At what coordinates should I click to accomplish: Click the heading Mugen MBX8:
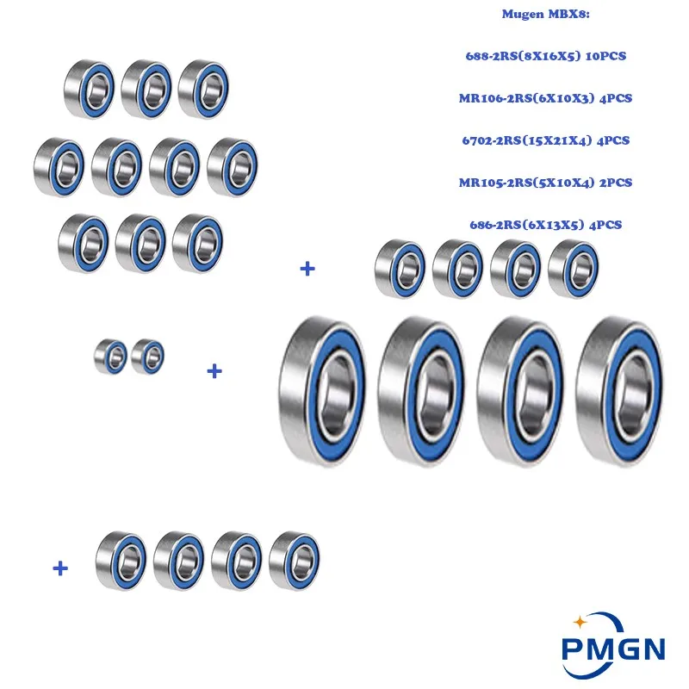click(544, 16)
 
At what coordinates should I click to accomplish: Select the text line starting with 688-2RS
click(544, 57)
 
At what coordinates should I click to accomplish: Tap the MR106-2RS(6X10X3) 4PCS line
click(545, 98)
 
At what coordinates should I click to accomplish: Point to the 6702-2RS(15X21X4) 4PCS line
click(544, 140)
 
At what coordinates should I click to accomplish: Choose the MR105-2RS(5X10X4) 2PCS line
click(545, 183)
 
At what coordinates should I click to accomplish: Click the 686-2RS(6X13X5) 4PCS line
click(545, 225)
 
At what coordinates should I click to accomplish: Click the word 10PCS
click(603, 57)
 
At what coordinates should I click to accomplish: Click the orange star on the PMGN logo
click(580, 620)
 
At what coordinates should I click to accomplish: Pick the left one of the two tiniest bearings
click(111, 356)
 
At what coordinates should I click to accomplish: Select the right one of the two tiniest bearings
click(148, 356)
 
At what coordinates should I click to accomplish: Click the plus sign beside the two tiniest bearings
click(214, 371)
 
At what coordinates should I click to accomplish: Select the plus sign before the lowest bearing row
click(60, 568)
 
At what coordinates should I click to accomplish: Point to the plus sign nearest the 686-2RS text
click(307, 269)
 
